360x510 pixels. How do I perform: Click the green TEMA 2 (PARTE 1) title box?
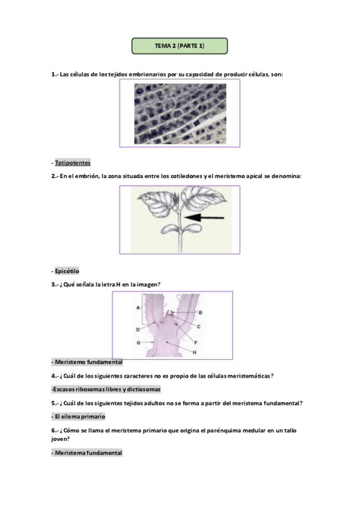click(x=179, y=46)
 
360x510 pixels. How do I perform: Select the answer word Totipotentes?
click(x=73, y=162)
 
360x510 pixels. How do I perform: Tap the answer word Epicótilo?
click(x=67, y=271)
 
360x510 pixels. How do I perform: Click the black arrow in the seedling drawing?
click(x=204, y=218)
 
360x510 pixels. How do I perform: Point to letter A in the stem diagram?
click(x=138, y=307)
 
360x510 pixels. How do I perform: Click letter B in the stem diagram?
click(x=200, y=313)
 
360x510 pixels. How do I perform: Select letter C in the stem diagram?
click(x=198, y=327)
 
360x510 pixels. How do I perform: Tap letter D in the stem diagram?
click(x=138, y=330)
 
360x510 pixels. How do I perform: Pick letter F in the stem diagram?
click(x=195, y=342)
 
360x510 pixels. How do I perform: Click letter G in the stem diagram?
click(x=138, y=342)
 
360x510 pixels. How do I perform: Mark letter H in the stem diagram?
click(x=194, y=352)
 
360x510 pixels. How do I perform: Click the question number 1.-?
click(x=55, y=75)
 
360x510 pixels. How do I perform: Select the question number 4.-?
click(x=55, y=376)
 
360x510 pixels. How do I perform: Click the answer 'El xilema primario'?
click(x=80, y=417)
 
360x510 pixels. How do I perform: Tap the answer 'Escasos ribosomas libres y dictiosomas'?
click(x=107, y=389)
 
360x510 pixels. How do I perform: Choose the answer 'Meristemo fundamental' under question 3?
click(x=89, y=362)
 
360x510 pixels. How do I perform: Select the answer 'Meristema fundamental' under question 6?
click(x=88, y=453)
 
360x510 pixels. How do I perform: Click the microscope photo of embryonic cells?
click(x=180, y=114)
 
